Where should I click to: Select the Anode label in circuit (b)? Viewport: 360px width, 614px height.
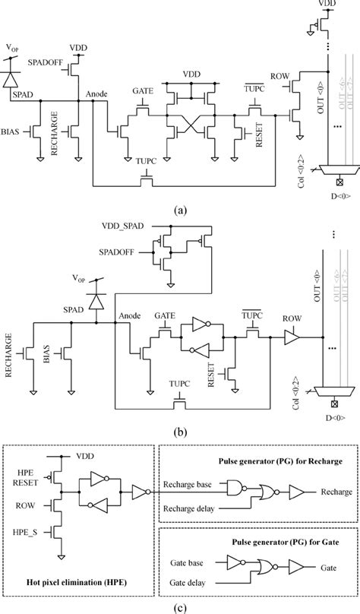click(x=129, y=318)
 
